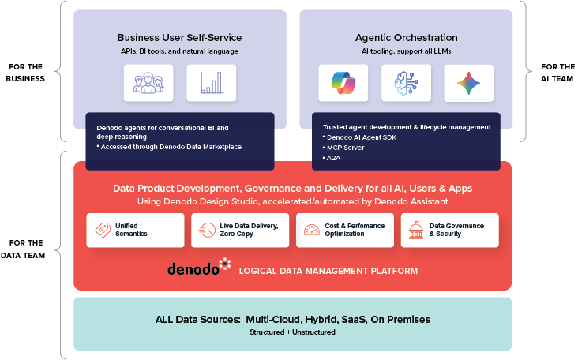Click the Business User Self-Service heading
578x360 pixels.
(x=179, y=37)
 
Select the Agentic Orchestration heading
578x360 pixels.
(x=406, y=37)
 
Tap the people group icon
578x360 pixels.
(x=148, y=83)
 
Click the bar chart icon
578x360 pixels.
(x=211, y=83)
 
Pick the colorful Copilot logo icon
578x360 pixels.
(x=343, y=83)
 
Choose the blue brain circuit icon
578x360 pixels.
(x=406, y=83)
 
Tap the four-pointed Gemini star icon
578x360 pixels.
(x=468, y=83)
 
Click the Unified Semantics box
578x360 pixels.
(x=135, y=230)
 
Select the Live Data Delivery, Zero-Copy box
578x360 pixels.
(x=240, y=230)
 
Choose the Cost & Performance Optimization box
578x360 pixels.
(x=345, y=230)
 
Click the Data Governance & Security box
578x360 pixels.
(x=449, y=230)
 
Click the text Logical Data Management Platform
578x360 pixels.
(x=328, y=272)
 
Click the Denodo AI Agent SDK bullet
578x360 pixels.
(x=362, y=137)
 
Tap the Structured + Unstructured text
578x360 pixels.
(x=292, y=332)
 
